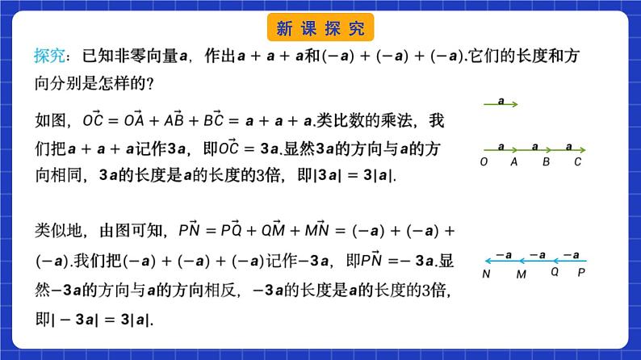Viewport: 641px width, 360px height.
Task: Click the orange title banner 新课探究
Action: [x=320, y=28]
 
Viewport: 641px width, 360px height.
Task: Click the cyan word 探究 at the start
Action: [x=47, y=56]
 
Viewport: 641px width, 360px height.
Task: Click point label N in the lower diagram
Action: [x=488, y=274]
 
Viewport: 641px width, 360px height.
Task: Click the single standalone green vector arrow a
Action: [x=501, y=103]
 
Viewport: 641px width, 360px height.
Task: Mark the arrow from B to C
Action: [x=569, y=149]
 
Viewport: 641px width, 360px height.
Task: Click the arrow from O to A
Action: [x=501, y=149]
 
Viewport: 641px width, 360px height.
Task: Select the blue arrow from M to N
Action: [x=502, y=260]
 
